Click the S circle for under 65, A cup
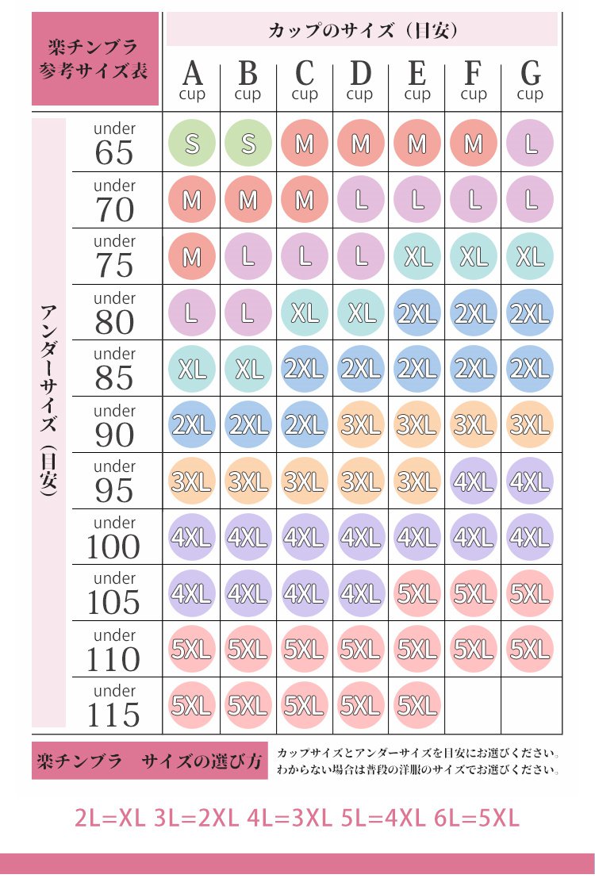(x=192, y=144)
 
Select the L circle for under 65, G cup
(x=530, y=144)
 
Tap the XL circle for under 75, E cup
(x=417, y=256)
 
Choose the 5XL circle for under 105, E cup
(x=417, y=593)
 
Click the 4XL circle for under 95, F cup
(x=474, y=481)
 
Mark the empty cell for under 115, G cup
(x=530, y=705)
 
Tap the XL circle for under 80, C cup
(x=305, y=313)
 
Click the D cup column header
(x=360, y=81)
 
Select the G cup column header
(x=530, y=81)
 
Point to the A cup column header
(x=192, y=81)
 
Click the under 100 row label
(x=114, y=538)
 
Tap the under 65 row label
(x=114, y=144)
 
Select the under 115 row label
(x=114, y=705)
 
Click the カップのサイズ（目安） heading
(x=362, y=31)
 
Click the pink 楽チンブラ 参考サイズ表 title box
(x=95, y=60)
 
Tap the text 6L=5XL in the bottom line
(x=478, y=818)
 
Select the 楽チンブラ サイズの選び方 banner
(x=149, y=762)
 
